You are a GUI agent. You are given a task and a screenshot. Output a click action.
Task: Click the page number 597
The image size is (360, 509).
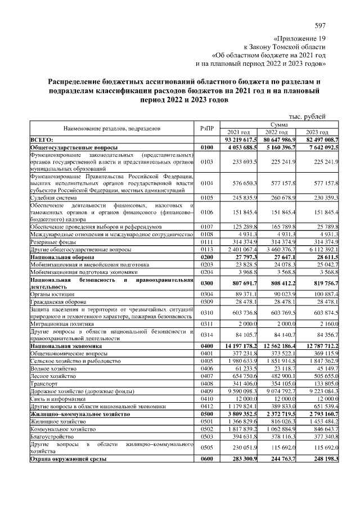coord(321,26)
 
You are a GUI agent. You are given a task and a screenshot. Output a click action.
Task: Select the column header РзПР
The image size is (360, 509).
coord(206,128)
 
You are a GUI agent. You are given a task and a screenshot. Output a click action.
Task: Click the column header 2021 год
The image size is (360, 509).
coord(238,132)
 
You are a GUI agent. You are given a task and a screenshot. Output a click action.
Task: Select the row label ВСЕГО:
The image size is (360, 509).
coord(42,139)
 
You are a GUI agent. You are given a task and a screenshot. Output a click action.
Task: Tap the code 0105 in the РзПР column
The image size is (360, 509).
coord(206,198)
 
